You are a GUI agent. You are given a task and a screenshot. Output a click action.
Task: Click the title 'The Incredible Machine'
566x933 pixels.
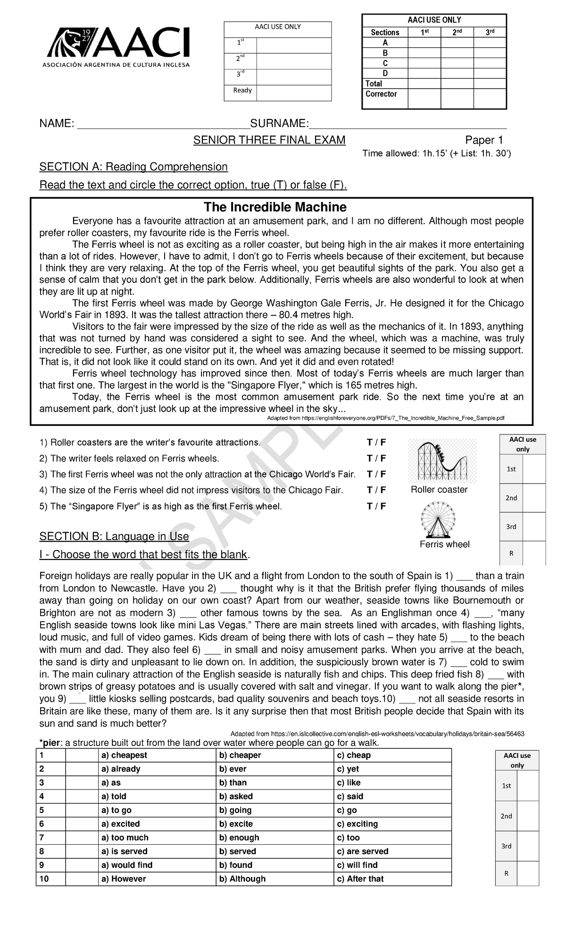pyautogui.click(x=275, y=207)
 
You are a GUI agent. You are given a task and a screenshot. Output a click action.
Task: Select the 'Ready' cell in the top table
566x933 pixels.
pyautogui.click(x=242, y=90)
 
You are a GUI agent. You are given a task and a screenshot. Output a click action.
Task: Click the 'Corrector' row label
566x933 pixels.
pyautogui.click(x=381, y=94)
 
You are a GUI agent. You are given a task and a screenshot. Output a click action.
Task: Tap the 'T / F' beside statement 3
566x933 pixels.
pyautogui.click(x=376, y=474)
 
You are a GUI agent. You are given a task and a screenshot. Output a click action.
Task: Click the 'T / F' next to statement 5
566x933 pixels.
pyautogui.click(x=376, y=506)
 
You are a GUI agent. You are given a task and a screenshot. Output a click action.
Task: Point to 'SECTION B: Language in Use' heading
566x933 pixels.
pyautogui.click(x=114, y=536)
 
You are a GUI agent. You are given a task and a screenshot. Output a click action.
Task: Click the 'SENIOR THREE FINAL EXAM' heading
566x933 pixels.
pyautogui.click(x=269, y=140)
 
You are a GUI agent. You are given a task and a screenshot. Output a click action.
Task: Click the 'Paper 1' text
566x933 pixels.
pyautogui.click(x=484, y=140)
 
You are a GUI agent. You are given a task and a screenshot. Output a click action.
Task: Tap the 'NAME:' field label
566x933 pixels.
pyautogui.click(x=57, y=124)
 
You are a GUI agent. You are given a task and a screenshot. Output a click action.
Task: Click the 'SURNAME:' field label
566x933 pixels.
pyautogui.click(x=279, y=124)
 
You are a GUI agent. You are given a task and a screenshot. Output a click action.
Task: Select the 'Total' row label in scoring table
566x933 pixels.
pyautogui.click(x=374, y=84)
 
